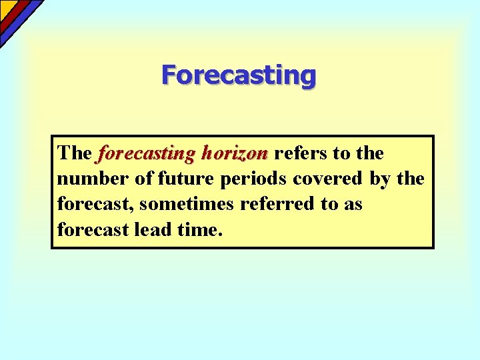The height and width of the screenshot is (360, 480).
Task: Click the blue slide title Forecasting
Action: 239,75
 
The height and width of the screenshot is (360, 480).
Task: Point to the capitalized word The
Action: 74,153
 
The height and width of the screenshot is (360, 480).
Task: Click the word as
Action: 352,204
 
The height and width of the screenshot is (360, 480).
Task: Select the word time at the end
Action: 197,229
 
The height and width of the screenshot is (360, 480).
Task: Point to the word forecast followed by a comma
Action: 94,204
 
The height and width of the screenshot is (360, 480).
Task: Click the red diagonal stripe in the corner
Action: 15,14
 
